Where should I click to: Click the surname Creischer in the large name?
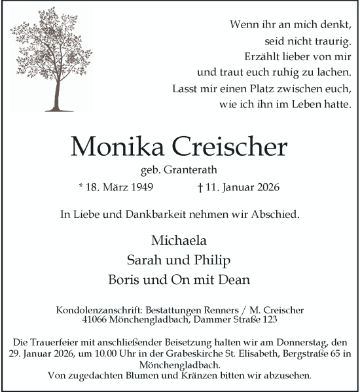(233, 147)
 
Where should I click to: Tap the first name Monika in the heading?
(122, 147)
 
